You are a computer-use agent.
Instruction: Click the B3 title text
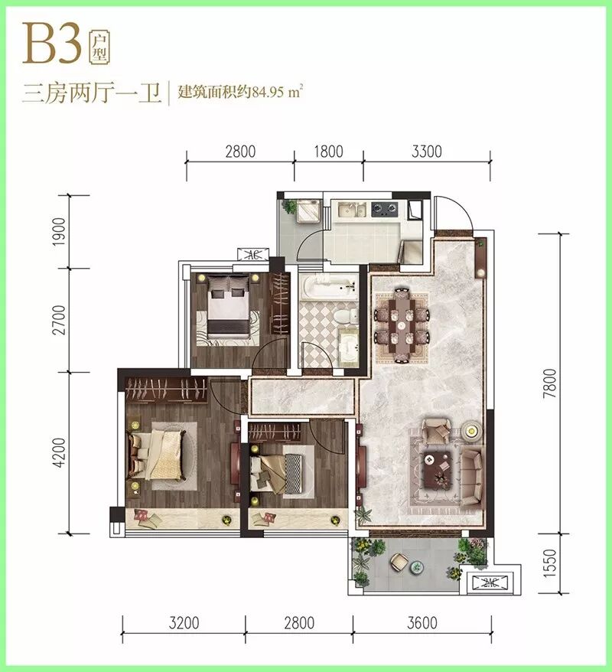click(x=52, y=44)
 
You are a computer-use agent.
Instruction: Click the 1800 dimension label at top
click(x=328, y=152)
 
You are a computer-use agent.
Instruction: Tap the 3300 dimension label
click(x=427, y=152)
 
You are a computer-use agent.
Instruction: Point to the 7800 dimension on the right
click(x=549, y=383)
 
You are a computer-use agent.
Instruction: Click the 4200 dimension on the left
click(x=59, y=452)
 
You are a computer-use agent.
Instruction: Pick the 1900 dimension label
click(x=59, y=232)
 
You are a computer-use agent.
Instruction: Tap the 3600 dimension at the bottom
click(x=422, y=623)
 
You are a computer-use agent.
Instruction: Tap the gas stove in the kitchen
click(x=384, y=210)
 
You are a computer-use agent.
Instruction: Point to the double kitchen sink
click(x=352, y=210)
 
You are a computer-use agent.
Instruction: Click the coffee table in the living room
click(x=438, y=470)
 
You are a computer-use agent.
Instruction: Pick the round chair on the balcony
click(x=399, y=562)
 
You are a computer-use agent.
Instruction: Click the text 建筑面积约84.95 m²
click(x=241, y=92)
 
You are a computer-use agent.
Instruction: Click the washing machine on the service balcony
click(x=308, y=210)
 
